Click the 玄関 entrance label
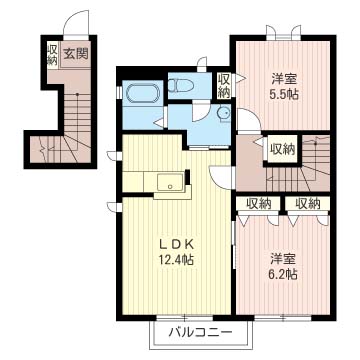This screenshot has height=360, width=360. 74,55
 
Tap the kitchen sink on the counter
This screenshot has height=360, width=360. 171,182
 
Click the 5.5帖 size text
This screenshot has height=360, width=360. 284,94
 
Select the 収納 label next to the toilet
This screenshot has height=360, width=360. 224,86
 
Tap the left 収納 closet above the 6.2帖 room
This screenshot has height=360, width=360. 257,203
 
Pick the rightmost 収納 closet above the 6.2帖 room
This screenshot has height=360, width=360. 307,203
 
